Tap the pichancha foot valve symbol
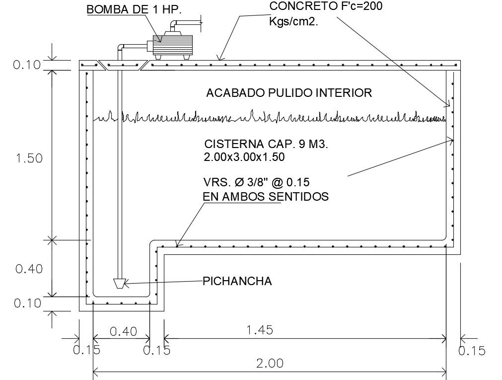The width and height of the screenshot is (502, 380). pyautogui.click(x=119, y=283)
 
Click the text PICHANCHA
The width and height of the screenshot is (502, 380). pyautogui.click(x=237, y=281)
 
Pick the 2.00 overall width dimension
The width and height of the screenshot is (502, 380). pyautogui.click(x=270, y=363)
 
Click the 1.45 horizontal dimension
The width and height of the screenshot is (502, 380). pyautogui.click(x=260, y=330)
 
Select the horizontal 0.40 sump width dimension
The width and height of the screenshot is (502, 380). pyautogui.click(x=122, y=331)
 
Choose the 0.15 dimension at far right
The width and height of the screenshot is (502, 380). pyautogui.click(x=472, y=351)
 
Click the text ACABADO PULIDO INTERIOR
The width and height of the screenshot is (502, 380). pyautogui.click(x=288, y=93)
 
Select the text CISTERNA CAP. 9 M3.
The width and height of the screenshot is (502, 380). pyautogui.click(x=267, y=145)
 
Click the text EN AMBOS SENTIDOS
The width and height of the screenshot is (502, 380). pyautogui.click(x=266, y=197)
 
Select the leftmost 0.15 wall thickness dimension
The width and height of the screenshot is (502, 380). pyautogui.click(x=86, y=350)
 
